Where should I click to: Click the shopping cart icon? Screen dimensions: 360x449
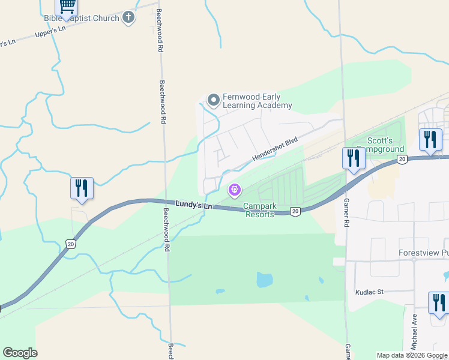pos(67,7)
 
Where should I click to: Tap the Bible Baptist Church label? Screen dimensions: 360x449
pos(89,18)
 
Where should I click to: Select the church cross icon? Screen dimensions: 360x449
pos(128,18)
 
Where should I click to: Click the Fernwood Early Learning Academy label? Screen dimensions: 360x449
pos(257,101)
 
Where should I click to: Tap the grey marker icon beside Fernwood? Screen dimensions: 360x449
pos(212,100)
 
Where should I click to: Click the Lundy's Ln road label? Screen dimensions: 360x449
pos(194,205)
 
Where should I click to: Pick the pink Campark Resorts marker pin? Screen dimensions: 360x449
pos(234,190)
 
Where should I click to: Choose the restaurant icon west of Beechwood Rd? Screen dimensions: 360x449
pos(82,188)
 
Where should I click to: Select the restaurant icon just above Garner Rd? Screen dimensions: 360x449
pos(354,158)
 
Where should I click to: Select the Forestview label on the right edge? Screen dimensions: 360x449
pos(423,253)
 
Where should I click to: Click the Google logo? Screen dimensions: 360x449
pos(20,353)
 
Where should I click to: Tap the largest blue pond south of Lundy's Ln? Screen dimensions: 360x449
pos(264,279)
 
